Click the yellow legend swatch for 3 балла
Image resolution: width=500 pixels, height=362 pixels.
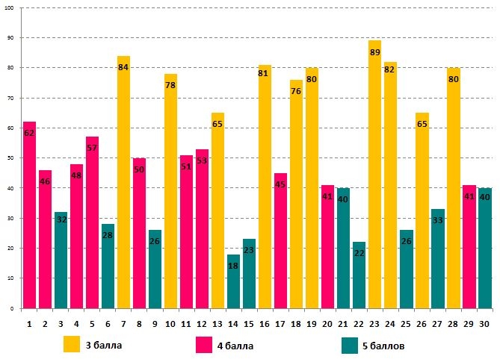click(72, 345)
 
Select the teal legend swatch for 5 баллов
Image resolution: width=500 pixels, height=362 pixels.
click(349, 345)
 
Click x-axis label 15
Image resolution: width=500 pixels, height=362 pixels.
click(249, 323)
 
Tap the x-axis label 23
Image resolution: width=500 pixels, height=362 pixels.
click(375, 323)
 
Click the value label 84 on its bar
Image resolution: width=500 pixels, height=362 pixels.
click(123, 67)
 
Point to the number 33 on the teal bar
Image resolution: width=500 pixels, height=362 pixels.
click(438, 220)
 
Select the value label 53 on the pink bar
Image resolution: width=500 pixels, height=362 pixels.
click(202, 160)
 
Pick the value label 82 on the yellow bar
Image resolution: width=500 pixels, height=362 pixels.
click(390, 69)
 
